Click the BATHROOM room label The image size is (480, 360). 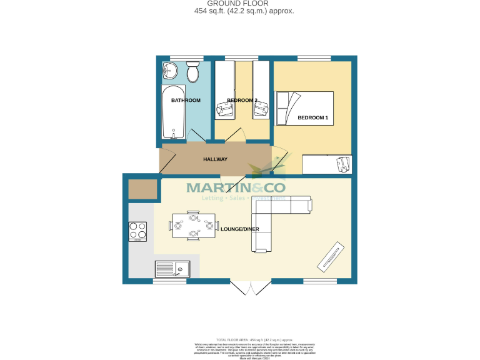(186, 101)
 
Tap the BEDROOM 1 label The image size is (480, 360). (312, 117)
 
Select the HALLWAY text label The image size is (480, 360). (215, 159)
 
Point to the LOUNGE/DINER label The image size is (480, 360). (239, 229)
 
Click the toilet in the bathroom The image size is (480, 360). (192, 71)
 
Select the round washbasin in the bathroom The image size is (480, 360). (170, 71)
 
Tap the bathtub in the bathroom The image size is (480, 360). (173, 115)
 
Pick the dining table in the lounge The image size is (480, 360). (193, 225)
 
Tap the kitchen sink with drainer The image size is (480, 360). (172, 269)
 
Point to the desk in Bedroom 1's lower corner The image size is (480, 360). (327, 164)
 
